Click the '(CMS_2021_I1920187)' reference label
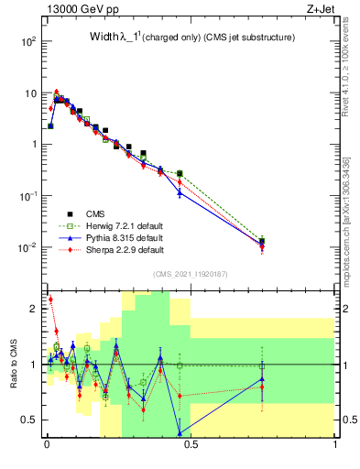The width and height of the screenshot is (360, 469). coord(191,274)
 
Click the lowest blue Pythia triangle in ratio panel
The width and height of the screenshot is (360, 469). coord(180,433)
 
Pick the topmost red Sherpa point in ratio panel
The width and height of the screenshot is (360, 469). coord(50,300)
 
